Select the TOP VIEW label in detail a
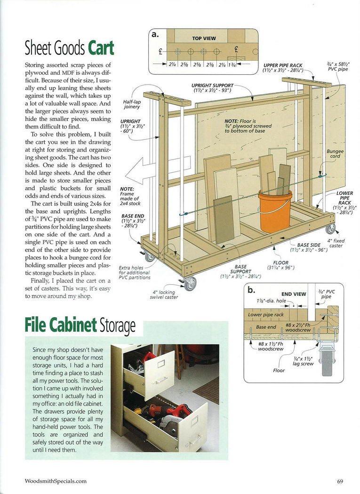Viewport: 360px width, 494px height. point(204,39)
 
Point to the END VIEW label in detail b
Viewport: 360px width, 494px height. point(293,294)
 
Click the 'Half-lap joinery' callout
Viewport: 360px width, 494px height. point(131,104)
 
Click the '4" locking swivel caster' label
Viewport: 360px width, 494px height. point(164,295)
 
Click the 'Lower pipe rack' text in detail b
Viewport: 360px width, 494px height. point(265,314)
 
